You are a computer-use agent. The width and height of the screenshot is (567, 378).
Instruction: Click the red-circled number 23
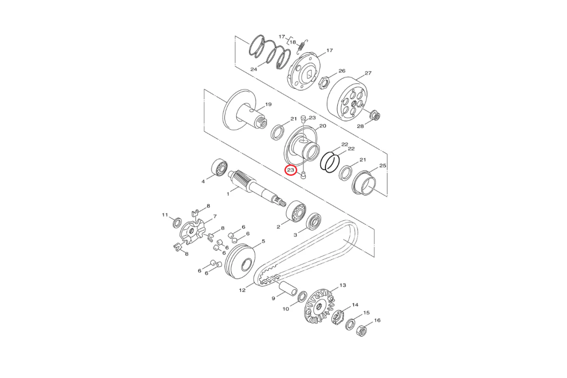pos(290,170)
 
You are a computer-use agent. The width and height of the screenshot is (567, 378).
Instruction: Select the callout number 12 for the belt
pos(242,290)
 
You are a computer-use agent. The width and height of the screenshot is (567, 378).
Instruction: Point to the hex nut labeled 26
pos(323,83)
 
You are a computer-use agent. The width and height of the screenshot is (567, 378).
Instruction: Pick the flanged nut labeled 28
pos(375,115)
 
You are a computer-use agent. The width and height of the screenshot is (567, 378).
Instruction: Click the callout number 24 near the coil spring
pos(254,69)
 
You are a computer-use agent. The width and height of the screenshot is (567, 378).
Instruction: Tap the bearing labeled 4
pos(219,167)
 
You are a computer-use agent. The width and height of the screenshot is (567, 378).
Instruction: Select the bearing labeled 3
pos(313,222)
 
